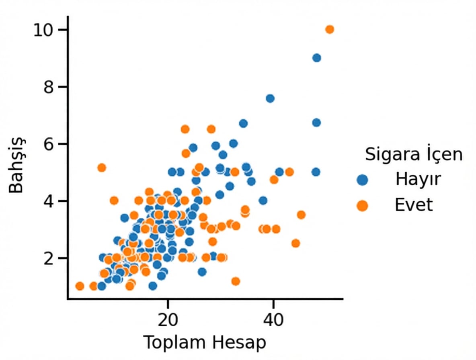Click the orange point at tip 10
330,29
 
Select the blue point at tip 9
316,58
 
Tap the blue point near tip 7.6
270,98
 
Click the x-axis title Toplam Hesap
205,343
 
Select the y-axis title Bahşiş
17,165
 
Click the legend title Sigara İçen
413,155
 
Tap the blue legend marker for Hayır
362,180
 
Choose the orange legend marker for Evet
362,206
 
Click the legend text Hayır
418,179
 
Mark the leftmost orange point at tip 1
80,286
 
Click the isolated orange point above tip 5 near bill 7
102,168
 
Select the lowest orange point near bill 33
236,281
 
